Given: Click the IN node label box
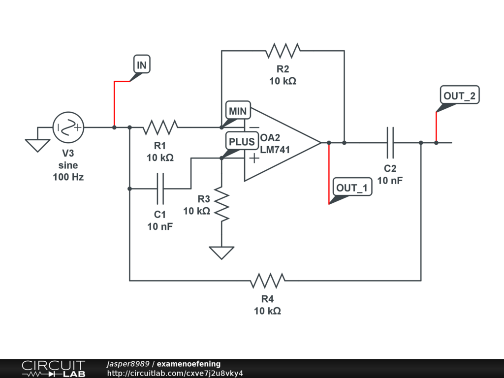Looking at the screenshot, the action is click(x=142, y=64).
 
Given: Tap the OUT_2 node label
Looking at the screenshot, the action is click(x=459, y=95).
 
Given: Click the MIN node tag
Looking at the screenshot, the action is click(x=238, y=110).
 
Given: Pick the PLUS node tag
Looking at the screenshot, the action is click(x=242, y=141).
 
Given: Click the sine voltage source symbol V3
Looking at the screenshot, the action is click(x=68, y=127).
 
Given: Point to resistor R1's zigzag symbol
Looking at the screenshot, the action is click(x=160, y=127).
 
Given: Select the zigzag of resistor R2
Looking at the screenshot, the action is click(x=283, y=51).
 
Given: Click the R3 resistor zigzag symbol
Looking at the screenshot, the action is click(x=221, y=204).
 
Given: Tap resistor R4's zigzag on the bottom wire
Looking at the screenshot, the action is click(x=267, y=281).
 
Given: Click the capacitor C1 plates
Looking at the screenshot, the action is click(x=160, y=189).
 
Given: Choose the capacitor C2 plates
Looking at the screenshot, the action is click(x=390, y=143).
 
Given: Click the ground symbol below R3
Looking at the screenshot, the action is click(x=221, y=252).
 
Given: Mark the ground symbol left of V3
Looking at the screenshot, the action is click(x=37, y=145).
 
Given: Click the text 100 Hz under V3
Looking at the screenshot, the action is click(x=68, y=177).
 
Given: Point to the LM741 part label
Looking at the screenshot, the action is click(x=275, y=150).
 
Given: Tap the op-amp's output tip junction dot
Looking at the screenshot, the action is click(x=329, y=143).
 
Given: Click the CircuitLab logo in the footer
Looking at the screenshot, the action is click(x=53, y=369).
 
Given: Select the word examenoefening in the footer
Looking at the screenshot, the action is click(x=189, y=364).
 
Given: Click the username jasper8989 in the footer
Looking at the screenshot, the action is click(x=128, y=364).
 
